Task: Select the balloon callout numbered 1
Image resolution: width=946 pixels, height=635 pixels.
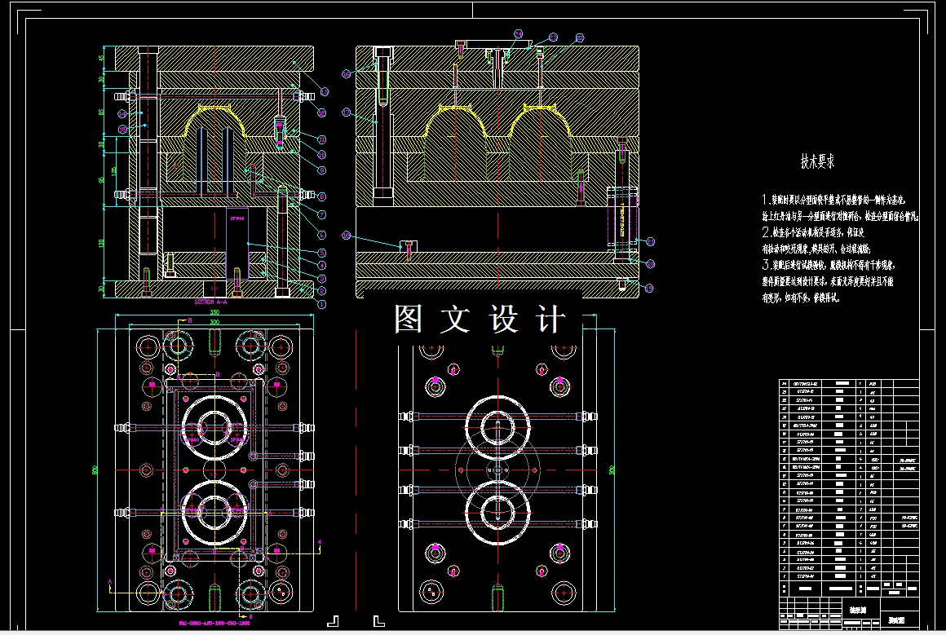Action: [x=321, y=303]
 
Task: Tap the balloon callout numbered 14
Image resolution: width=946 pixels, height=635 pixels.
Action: [x=123, y=114]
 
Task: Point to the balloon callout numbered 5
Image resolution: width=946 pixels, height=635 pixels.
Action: [x=322, y=253]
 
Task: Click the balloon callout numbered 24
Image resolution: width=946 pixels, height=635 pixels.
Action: [x=518, y=34]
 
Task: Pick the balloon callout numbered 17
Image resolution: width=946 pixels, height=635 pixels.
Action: [x=347, y=112]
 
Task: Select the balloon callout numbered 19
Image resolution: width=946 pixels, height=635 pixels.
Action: [x=650, y=288]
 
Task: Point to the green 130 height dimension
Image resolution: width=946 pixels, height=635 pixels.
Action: [x=102, y=243]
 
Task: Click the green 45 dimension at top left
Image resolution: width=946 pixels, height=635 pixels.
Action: [x=102, y=58]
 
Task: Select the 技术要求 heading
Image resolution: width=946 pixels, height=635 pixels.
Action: [x=818, y=161]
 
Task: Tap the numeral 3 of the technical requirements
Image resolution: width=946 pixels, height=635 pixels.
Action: [x=766, y=265]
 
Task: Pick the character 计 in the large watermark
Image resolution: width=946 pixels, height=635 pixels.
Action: [x=551, y=319]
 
